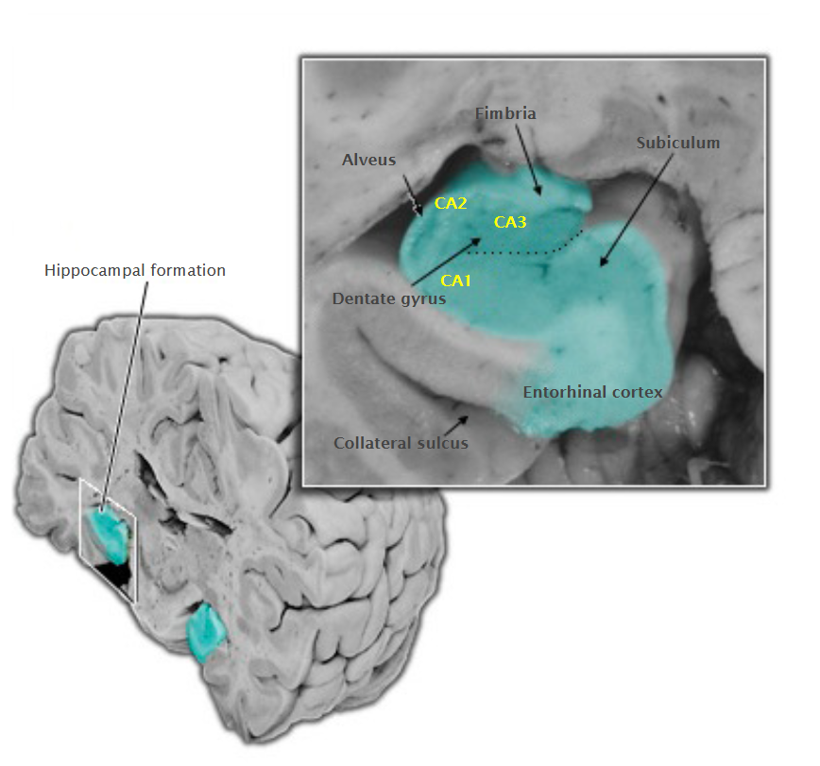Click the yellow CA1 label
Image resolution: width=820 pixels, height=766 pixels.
[x=455, y=281]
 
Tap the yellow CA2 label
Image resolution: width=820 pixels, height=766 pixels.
[x=451, y=203]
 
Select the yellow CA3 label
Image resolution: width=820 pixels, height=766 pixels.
[x=510, y=222]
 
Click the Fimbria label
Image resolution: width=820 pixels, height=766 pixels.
[x=505, y=113]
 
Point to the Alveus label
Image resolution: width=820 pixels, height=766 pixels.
[x=368, y=160]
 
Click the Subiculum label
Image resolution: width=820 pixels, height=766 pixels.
[x=677, y=143]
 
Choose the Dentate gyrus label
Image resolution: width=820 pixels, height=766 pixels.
[x=389, y=298]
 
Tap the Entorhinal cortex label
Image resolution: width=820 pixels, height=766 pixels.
[x=592, y=392]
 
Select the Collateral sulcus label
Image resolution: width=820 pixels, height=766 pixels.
[x=401, y=443]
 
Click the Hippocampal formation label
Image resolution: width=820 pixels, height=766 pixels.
[x=135, y=270]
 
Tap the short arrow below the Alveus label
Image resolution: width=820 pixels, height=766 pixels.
[x=413, y=195]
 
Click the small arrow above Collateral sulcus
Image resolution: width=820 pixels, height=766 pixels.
[x=456, y=425]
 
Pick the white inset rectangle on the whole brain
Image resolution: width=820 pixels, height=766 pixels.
[x=107, y=539]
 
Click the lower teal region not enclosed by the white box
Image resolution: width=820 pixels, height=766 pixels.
[x=206, y=632]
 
